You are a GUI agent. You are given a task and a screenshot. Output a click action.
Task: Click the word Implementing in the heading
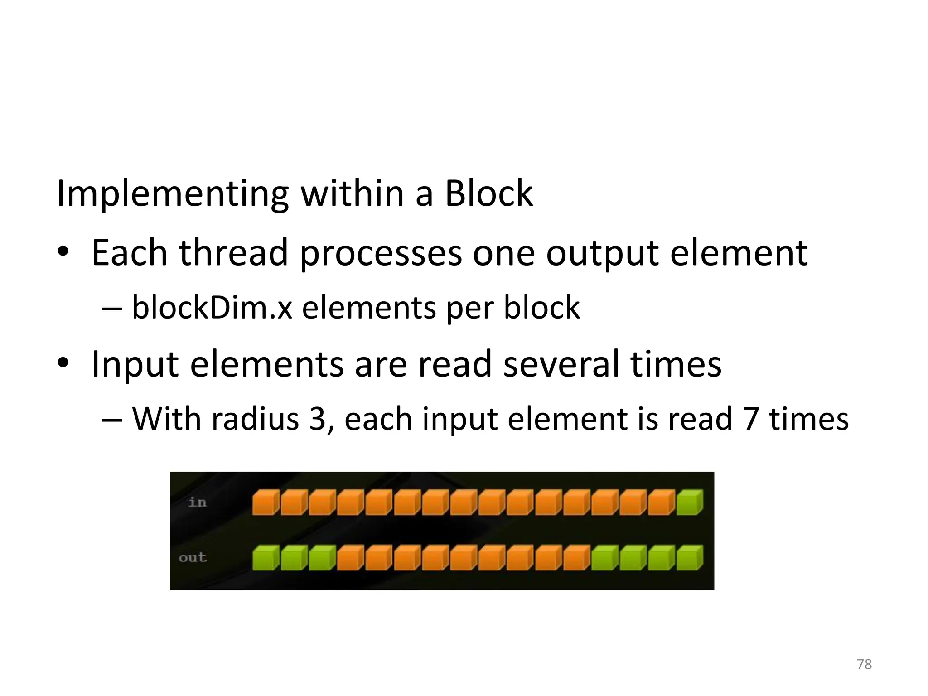(172, 194)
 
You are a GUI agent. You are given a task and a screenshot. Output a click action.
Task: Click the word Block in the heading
(488, 194)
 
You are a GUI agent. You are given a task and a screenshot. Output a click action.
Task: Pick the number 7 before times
(750, 418)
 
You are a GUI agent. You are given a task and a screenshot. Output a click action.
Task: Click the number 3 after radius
(318, 418)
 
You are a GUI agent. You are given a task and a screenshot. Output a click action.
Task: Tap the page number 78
(864, 664)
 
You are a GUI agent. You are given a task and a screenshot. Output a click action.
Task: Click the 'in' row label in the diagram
(197, 502)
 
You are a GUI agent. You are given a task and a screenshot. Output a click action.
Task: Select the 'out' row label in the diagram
(193, 557)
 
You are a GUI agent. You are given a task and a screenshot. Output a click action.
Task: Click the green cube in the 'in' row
(689, 503)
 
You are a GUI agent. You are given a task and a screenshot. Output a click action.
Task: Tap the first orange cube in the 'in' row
(265, 503)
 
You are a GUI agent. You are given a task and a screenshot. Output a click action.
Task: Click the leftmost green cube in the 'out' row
(265, 558)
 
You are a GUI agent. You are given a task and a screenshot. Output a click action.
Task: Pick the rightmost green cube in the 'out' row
(689, 558)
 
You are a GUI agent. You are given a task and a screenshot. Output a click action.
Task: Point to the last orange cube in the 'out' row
(576, 558)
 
